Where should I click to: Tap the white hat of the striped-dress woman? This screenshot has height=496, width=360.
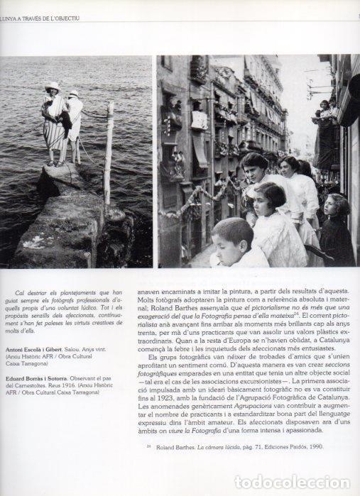tap(52, 86)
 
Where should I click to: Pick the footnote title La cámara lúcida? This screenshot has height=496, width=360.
tap(222, 467)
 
